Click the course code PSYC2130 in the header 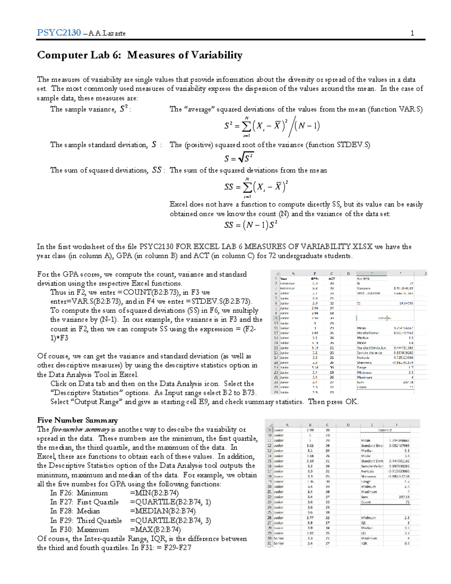click(x=59, y=33)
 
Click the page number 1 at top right click(x=412, y=33)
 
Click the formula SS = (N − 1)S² click(x=251, y=225)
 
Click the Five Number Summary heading click(x=77, y=420)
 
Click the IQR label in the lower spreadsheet click(x=364, y=543)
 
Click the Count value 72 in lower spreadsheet click(x=407, y=502)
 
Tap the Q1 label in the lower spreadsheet click(x=363, y=523)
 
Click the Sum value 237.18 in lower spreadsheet click(x=404, y=497)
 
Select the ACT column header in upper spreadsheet click(x=331, y=279)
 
